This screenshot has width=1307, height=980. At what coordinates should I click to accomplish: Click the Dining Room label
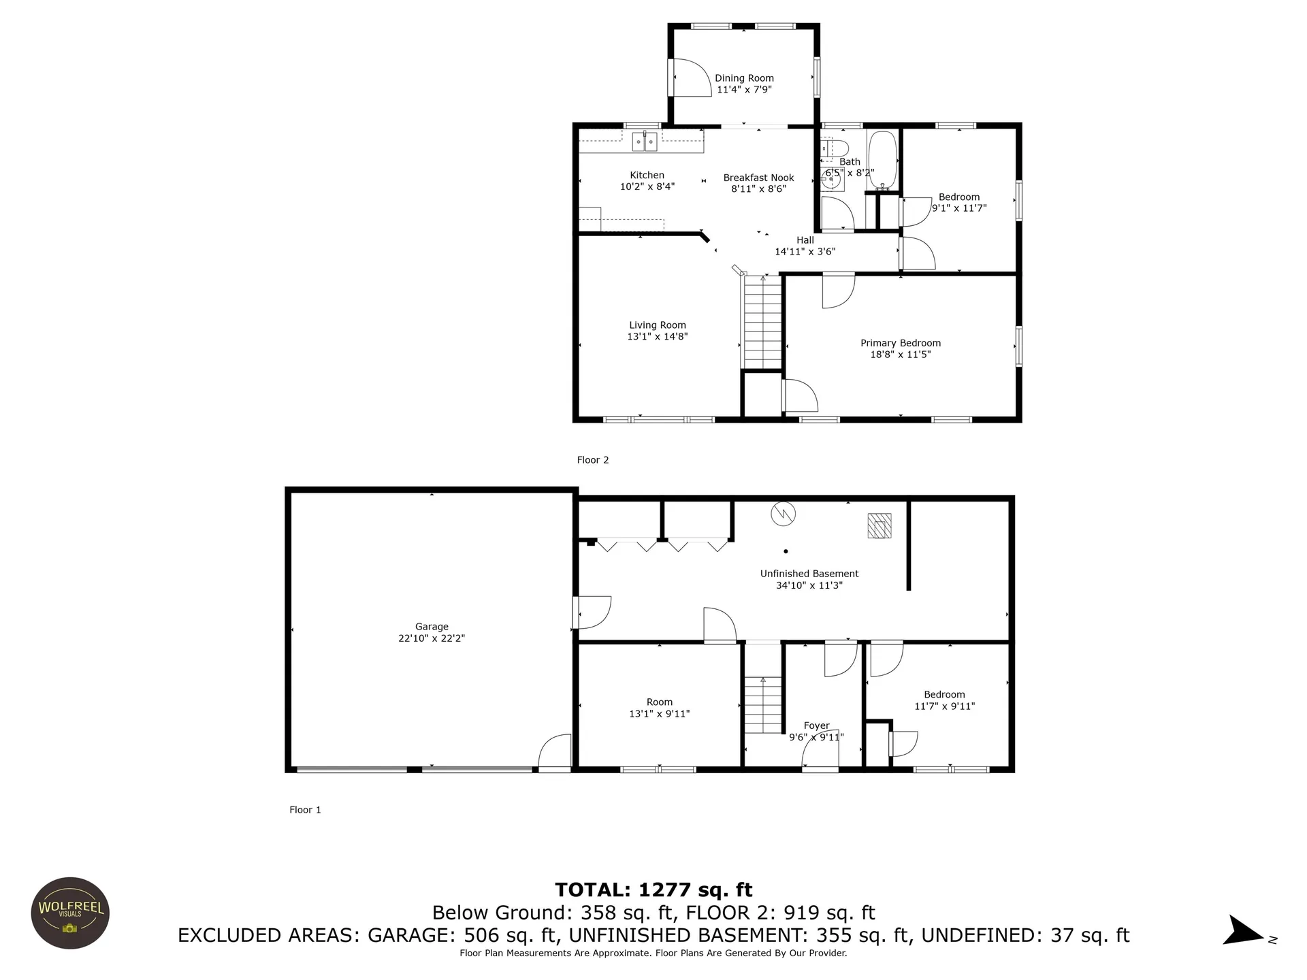[744, 78]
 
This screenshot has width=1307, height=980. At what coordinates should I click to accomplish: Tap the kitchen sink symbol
[645, 142]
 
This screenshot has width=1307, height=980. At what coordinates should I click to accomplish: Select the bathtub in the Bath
[883, 160]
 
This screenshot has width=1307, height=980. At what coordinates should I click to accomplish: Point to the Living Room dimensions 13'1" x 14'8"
[658, 336]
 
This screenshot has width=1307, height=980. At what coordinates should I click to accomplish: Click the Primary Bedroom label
[901, 343]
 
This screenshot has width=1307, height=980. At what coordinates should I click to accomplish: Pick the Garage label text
[432, 627]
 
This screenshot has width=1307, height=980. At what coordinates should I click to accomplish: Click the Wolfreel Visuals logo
[70, 913]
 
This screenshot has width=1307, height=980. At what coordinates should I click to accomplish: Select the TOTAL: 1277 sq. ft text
[653, 889]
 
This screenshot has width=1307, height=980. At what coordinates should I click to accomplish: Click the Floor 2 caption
[593, 460]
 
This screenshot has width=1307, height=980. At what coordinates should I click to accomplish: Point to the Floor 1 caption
[305, 810]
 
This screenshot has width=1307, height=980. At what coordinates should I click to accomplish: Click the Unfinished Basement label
[809, 574]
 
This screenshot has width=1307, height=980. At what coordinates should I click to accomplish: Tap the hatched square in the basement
[880, 525]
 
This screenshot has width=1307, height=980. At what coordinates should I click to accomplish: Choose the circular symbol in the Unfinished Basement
[783, 514]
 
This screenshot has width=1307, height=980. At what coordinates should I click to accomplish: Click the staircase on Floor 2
[762, 323]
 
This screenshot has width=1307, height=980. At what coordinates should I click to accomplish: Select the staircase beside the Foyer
[763, 705]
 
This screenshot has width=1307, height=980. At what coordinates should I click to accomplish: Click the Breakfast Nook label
[759, 178]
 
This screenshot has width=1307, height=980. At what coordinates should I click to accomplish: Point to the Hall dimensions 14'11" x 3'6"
[805, 252]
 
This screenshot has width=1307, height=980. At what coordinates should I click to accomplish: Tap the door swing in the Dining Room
[690, 77]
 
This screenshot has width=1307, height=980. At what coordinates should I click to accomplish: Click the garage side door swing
[555, 752]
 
